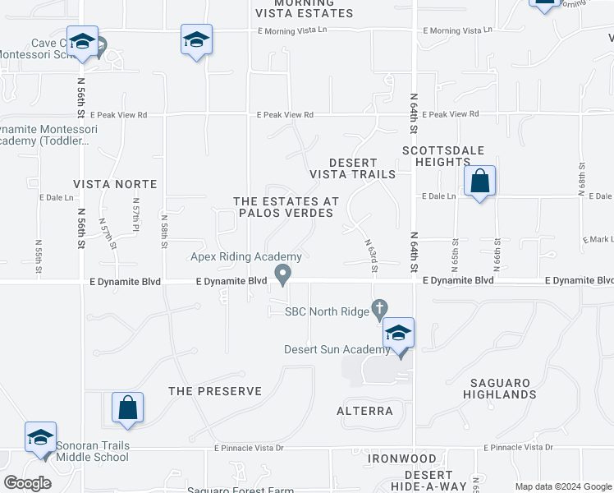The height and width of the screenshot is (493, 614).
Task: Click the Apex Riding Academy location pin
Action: [x=283, y=274]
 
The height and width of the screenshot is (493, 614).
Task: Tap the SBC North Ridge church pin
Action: [x=378, y=310]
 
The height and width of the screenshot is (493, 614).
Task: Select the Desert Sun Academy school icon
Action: [x=398, y=334]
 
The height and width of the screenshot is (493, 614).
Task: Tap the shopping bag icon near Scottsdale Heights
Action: [x=479, y=182]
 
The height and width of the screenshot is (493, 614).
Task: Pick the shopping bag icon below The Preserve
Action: [x=127, y=408]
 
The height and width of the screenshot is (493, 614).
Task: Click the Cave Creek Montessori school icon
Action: [x=82, y=42]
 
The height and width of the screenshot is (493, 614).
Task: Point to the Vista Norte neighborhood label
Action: [x=115, y=184]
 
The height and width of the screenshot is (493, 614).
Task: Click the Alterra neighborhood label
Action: [x=365, y=410]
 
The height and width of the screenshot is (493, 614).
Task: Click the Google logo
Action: [x=28, y=483]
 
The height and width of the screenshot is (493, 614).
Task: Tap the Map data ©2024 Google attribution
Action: [x=564, y=486]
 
